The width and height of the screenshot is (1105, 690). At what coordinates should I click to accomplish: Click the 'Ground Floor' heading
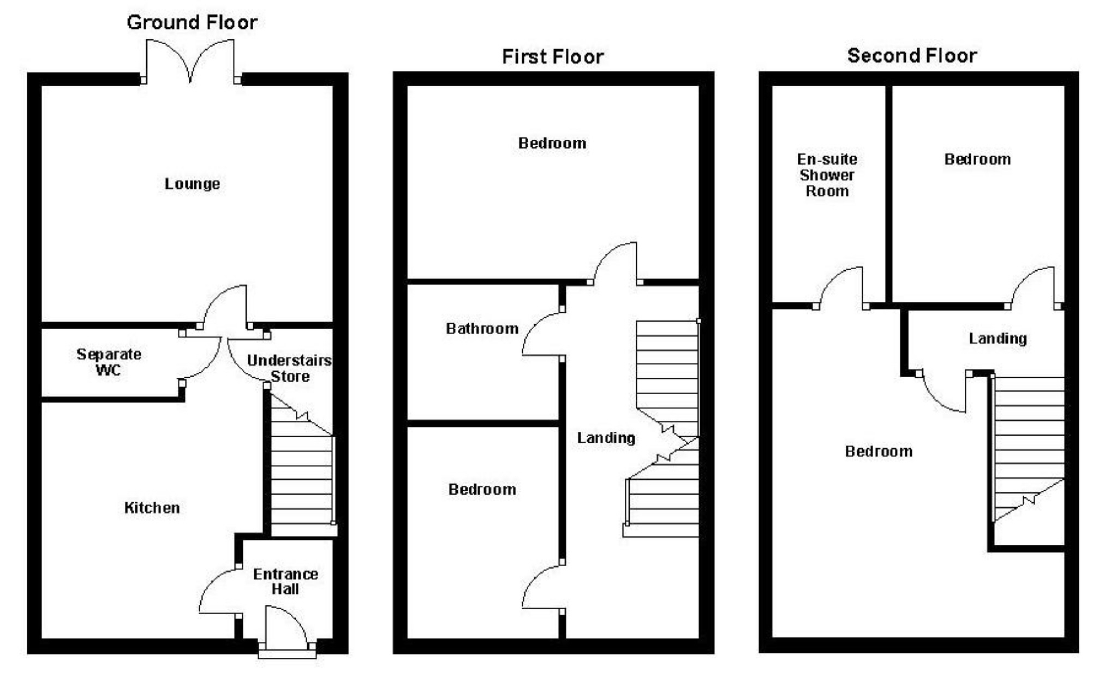192,22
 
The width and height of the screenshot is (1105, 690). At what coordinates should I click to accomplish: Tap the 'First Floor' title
552,57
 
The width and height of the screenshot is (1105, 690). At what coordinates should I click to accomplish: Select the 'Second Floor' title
912,56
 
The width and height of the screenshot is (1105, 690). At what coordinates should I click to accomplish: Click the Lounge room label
192,184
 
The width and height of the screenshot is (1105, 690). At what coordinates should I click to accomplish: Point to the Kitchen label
152,508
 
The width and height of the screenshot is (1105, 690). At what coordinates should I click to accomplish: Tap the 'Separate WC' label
109,362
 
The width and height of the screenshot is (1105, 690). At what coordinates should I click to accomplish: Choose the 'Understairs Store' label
289,368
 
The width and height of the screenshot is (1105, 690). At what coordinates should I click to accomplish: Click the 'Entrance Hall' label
285,582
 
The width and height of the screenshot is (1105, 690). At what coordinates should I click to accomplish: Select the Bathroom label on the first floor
482,329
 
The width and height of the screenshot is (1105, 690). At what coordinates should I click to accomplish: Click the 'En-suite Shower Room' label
827,175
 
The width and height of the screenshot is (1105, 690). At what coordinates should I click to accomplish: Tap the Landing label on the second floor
998,339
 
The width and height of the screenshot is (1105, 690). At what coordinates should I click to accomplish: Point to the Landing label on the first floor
606,438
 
